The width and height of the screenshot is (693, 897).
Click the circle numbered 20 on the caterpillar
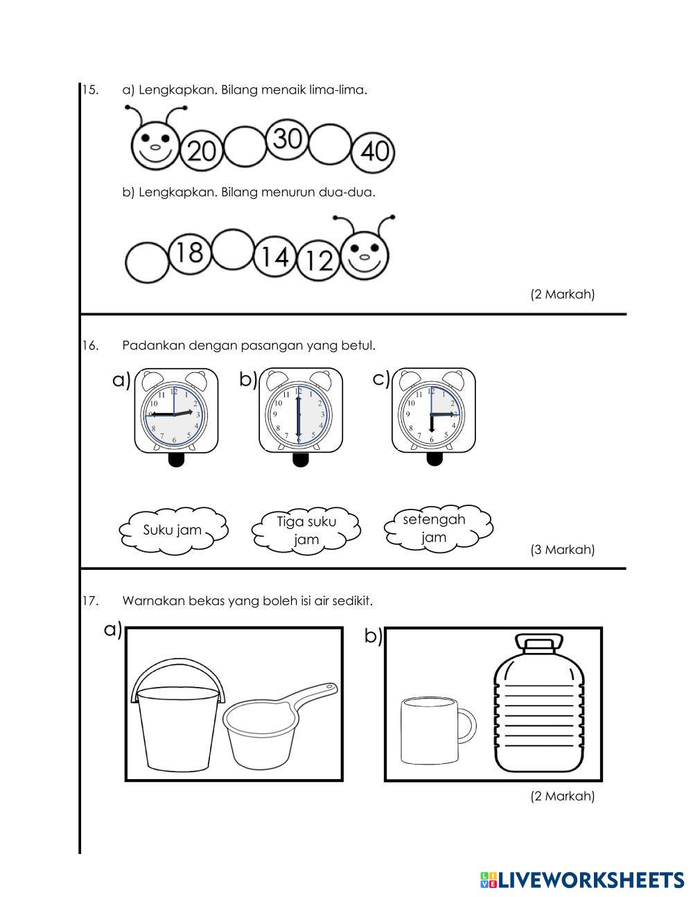point(202,150)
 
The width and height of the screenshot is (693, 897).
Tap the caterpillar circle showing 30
point(288,139)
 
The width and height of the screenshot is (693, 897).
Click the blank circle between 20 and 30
point(245,146)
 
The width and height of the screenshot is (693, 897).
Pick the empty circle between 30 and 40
point(330,145)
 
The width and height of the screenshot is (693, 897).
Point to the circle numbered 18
point(188,253)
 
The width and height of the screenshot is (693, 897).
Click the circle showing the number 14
point(275,257)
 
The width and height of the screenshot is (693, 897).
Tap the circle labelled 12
point(319,261)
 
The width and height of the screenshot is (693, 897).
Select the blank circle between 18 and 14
point(232,250)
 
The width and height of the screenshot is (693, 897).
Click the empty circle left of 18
point(147,262)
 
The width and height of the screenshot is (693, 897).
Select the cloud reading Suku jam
point(173,530)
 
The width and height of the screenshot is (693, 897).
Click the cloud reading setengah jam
point(436,528)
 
